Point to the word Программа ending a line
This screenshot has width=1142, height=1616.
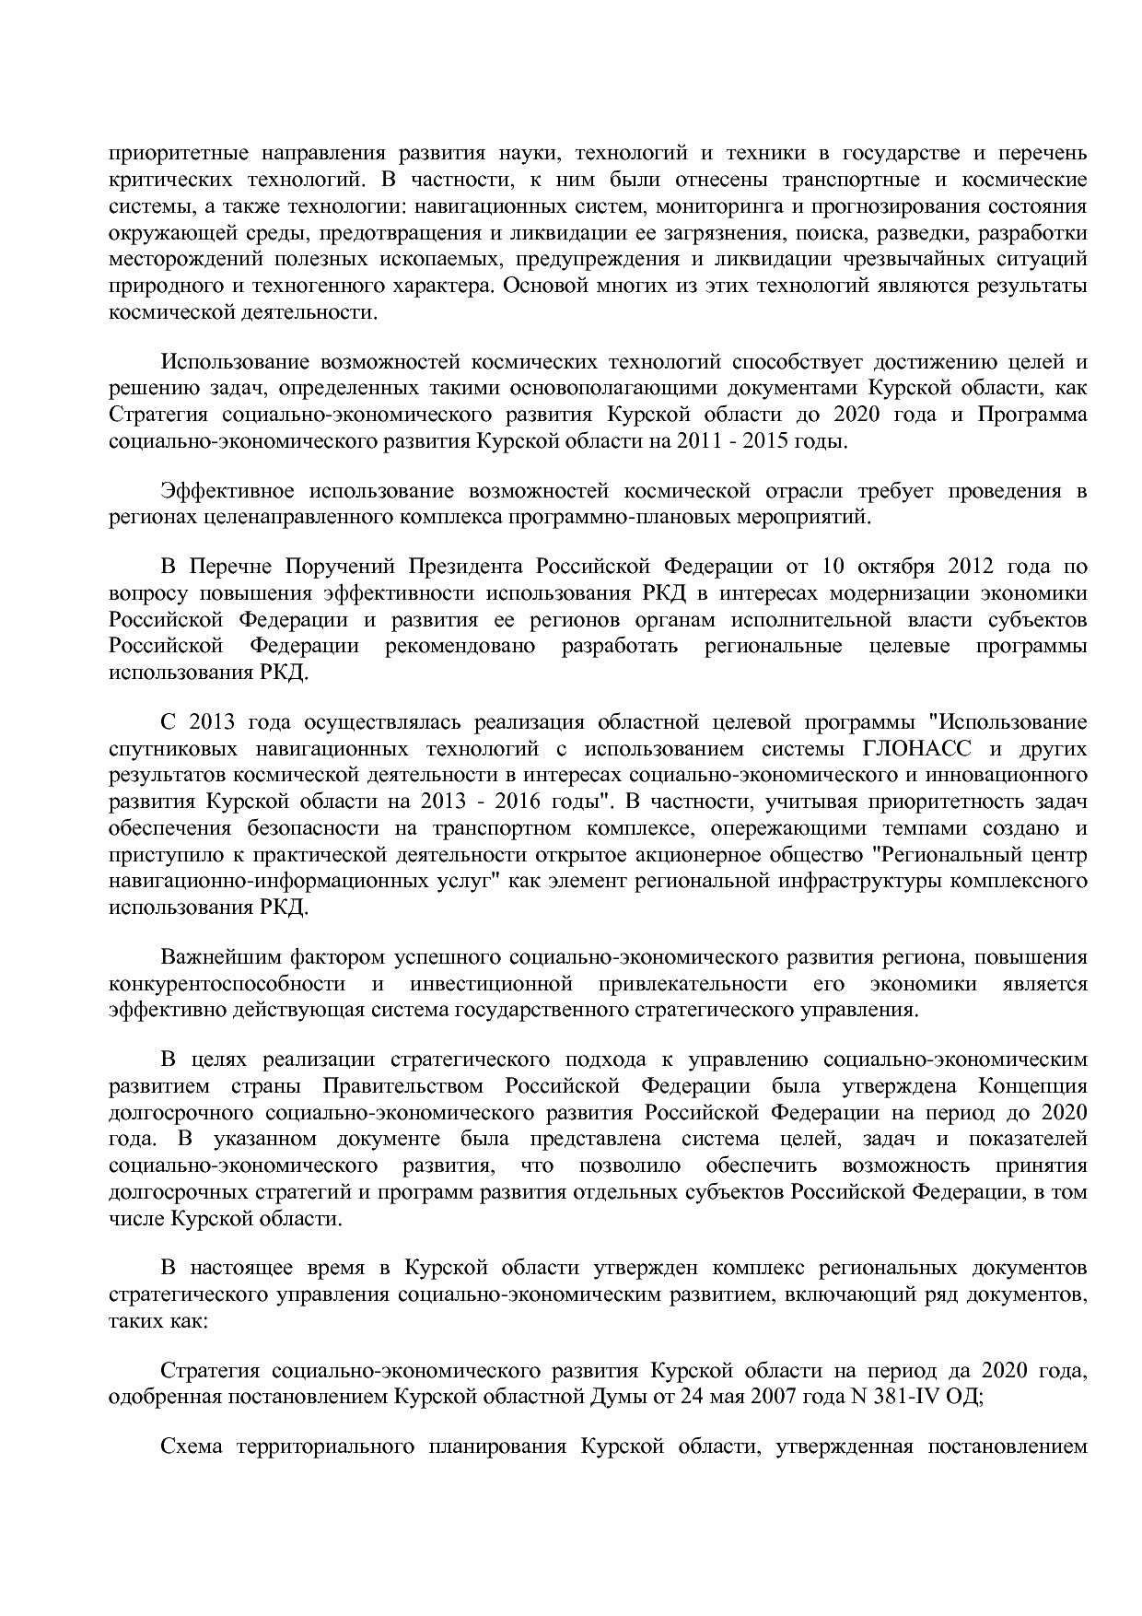point(1031,415)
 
